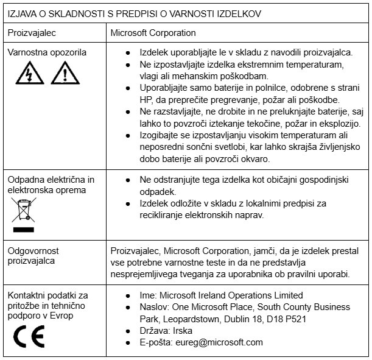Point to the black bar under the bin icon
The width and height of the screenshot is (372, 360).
[24, 230]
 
